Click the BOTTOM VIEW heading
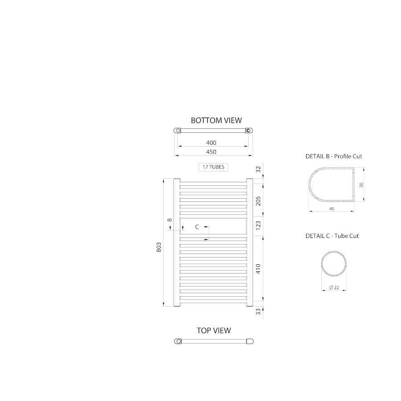pos(216,120)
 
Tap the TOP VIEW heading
pos(213,331)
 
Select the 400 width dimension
pos(211,143)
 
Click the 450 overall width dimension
pos(211,152)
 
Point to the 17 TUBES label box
pos(213,167)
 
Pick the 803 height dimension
pos(159,247)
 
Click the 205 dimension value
pos(258,201)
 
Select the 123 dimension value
pos(258,225)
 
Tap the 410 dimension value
pos(258,269)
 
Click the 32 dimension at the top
pos(258,169)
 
